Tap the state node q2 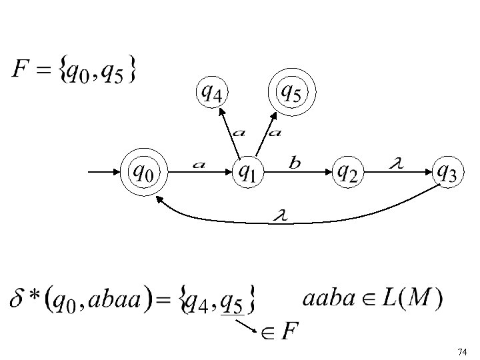[x=347, y=173]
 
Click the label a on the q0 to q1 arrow [x=198, y=165]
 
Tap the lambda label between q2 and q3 [x=395, y=163]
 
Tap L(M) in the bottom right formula [x=410, y=298]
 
